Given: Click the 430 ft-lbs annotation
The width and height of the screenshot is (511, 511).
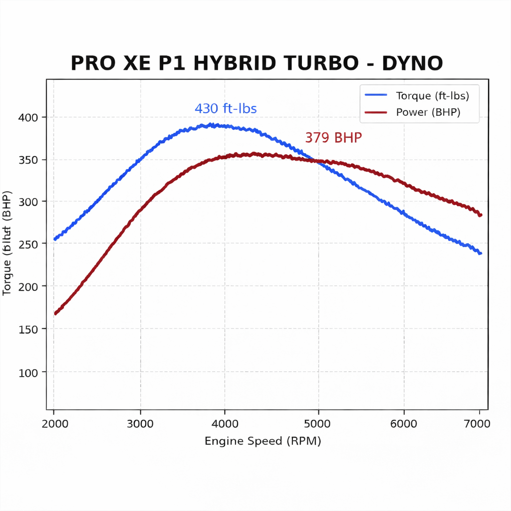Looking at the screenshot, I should [226, 109].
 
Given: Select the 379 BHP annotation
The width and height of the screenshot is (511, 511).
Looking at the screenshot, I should [333, 138].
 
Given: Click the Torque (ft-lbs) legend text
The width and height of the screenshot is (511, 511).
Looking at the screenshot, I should [432, 96].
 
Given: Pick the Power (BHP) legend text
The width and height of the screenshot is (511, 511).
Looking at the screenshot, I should [428, 112].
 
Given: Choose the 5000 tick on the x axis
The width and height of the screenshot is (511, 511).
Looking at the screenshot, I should [318, 424].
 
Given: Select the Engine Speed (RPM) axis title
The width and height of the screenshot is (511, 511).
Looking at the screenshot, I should [263, 441].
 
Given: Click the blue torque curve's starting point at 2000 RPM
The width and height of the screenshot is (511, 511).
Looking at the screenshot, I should [55, 239].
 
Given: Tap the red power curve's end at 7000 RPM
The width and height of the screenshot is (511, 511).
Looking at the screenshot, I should [480, 215].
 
